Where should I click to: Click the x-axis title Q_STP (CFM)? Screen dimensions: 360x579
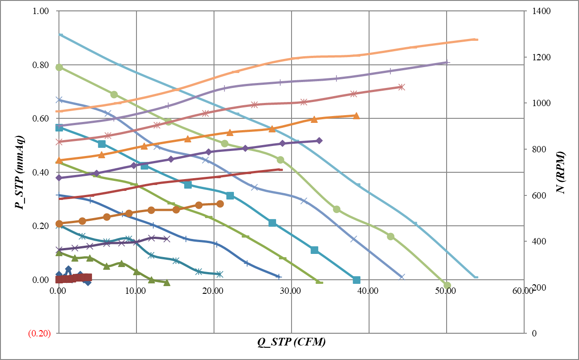(x=292, y=342)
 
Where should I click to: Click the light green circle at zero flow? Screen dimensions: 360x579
(x=59, y=67)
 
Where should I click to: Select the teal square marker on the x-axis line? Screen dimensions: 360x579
(x=356, y=280)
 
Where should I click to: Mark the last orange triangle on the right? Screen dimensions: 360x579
(x=356, y=116)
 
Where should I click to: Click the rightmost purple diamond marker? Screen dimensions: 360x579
(x=319, y=141)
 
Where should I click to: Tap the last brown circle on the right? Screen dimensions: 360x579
(x=220, y=204)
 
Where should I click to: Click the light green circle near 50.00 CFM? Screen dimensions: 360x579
(x=447, y=285)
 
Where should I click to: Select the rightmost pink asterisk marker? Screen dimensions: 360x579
(x=401, y=87)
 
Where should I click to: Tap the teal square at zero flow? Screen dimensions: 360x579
(x=59, y=127)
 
